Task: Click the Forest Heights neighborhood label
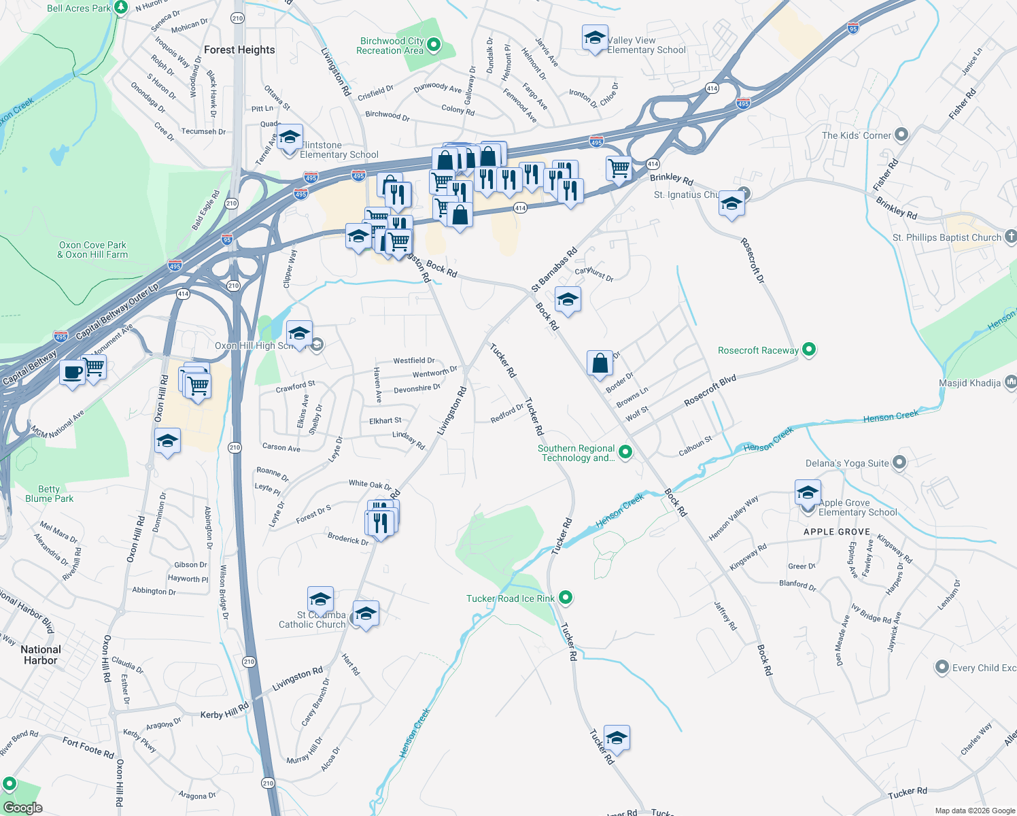click(x=239, y=50)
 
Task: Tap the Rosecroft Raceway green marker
click(x=808, y=350)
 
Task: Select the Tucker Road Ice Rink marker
click(x=565, y=598)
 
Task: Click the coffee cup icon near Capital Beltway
click(x=72, y=373)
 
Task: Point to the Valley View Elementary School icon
click(x=595, y=39)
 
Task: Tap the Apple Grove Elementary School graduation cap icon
click(x=808, y=492)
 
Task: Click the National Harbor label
click(x=41, y=655)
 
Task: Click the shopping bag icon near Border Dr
click(x=600, y=364)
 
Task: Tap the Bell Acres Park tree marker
click(x=121, y=7)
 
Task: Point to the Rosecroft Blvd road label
click(x=710, y=390)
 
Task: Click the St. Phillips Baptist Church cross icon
click(x=1010, y=237)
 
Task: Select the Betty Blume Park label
click(x=49, y=494)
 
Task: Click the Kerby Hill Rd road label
click(x=224, y=712)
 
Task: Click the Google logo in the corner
click(x=22, y=808)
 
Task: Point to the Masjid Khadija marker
click(x=1010, y=383)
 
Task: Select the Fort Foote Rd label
click(x=88, y=747)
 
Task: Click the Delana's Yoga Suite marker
click(x=899, y=463)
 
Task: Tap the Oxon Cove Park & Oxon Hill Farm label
click(x=92, y=250)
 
